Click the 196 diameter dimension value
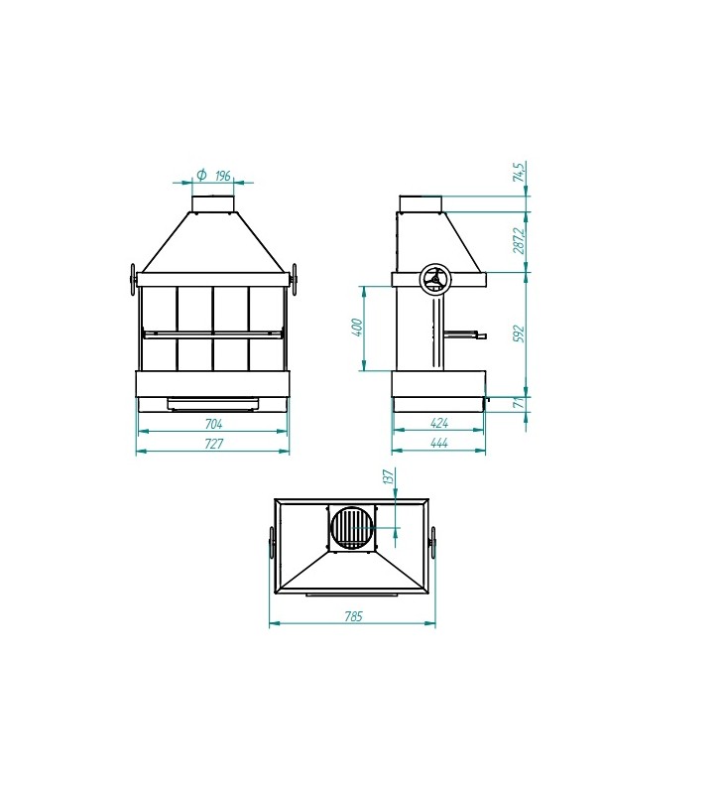(223, 176)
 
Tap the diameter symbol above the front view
(201, 175)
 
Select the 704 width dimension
(213, 424)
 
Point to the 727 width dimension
(214, 444)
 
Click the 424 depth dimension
(438, 423)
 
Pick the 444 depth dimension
(438, 443)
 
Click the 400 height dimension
(357, 328)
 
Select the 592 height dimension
(519, 334)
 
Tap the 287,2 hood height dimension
(519, 241)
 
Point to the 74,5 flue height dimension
(520, 172)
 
